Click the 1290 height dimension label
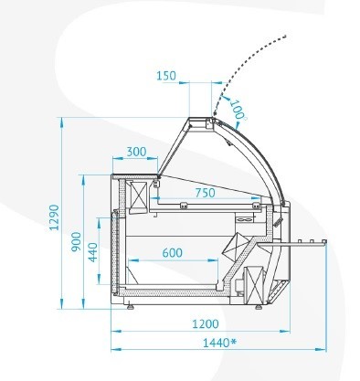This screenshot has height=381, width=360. click(x=54, y=217)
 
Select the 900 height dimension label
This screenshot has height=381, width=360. click(x=76, y=241)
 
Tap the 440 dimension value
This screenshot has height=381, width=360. click(x=93, y=252)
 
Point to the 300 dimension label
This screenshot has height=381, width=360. click(x=136, y=152)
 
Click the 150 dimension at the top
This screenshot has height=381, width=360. click(x=166, y=76)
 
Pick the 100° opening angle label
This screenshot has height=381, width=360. click(x=238, y=110)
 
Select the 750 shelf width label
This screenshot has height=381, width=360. click(x=205, y=193)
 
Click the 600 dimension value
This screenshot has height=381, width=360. click(x=173, y=253)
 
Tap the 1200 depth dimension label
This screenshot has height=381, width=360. click(x=206, y=323)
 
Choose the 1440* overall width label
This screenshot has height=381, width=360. click(x=219, y=343)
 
